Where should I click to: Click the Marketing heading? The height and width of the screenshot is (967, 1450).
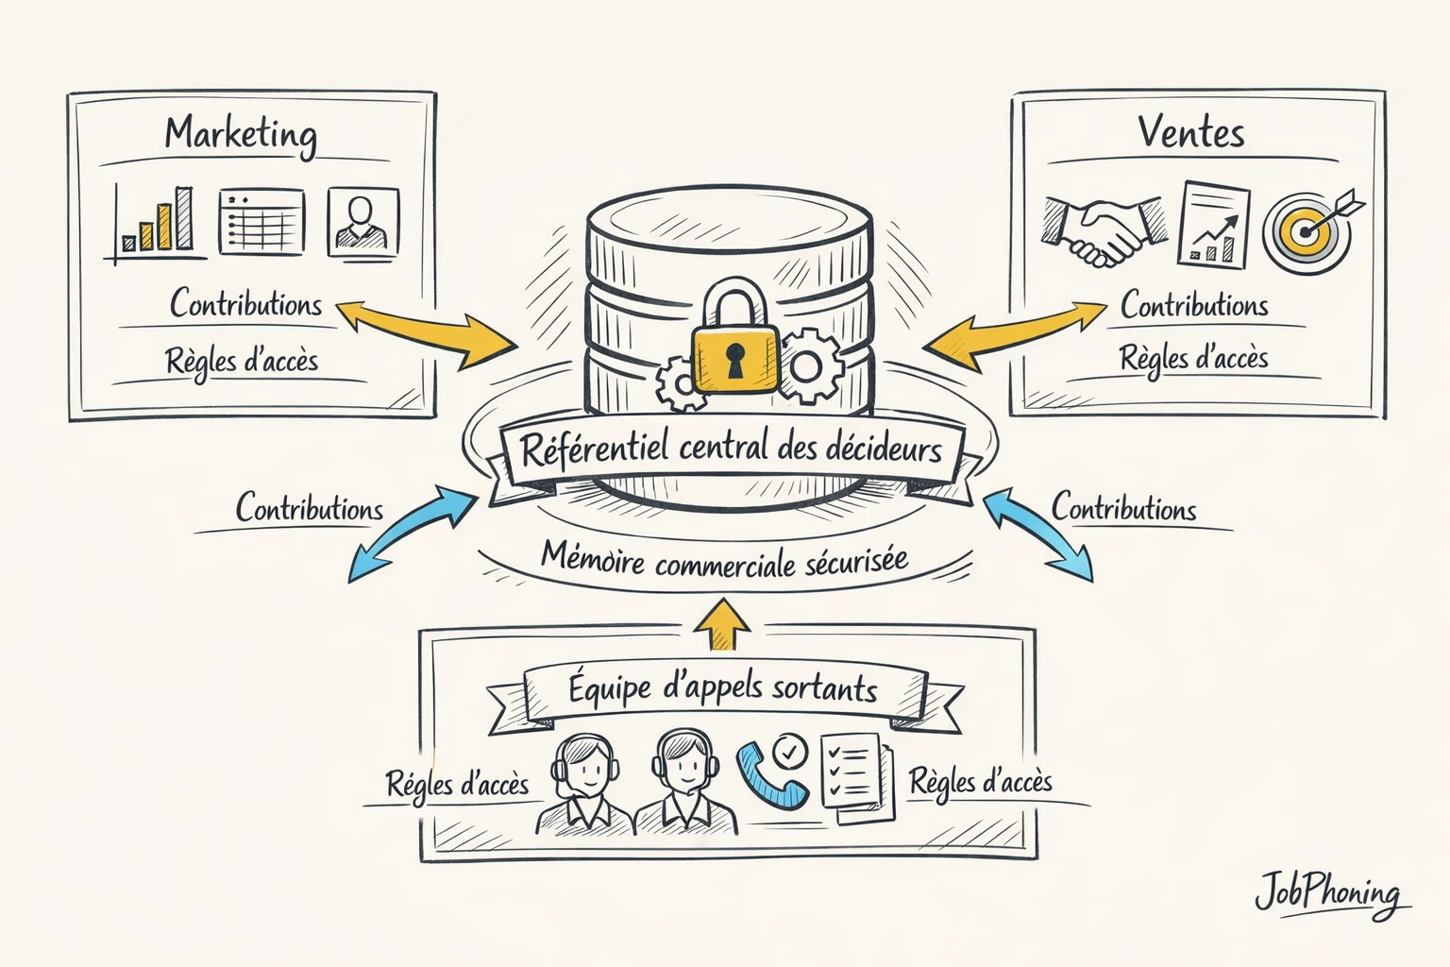click(x=241, y=134)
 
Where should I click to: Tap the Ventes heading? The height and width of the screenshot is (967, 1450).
click(x=1191, y=132)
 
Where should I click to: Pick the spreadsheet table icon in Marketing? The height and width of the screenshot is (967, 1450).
click(x=261, y=221)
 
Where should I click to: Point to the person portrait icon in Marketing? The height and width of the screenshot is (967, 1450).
click(x=362, y=221)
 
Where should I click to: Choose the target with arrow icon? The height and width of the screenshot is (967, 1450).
click(x=1312, y=227)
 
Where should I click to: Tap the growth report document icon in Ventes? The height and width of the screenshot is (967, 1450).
click(x=1213, y=225)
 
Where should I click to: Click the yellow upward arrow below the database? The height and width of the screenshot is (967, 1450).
click(x=723, y=624)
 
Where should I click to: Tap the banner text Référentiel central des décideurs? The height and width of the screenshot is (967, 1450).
click(x=731, y=448)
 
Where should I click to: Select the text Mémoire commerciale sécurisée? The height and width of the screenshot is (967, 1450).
click(x=724, y=559)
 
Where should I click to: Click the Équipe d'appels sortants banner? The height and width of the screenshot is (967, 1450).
click(x=723, y=688)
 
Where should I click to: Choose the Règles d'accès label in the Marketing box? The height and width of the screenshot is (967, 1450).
click(x=242, y=361)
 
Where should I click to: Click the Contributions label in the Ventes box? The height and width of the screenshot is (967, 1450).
click(x=1194, y=305)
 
